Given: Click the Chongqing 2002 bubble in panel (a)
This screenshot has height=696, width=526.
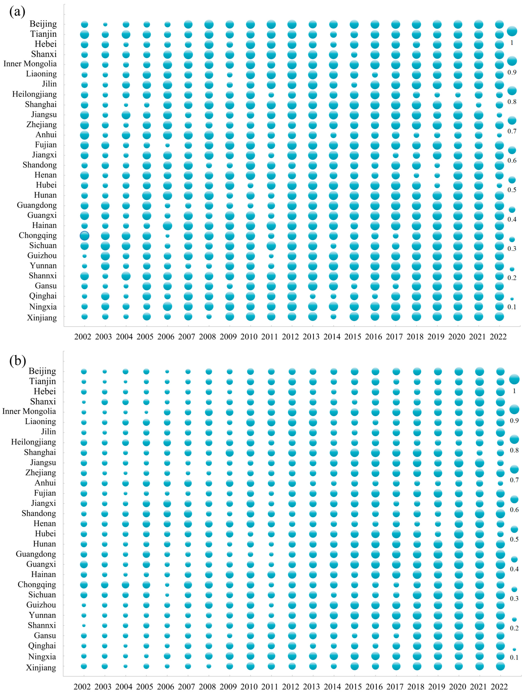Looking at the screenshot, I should [84, 236].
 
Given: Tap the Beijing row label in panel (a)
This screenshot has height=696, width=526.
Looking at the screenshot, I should [43, 24].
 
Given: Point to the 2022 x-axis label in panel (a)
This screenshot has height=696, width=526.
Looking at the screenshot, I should [498, 337].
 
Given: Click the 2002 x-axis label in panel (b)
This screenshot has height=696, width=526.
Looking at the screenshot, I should [83, 687].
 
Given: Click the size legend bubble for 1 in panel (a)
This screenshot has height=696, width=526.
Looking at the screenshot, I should [512, 31].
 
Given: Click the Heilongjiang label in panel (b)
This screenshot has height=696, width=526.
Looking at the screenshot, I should [33, 442].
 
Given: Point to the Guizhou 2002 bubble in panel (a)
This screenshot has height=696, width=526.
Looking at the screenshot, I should [84, 256].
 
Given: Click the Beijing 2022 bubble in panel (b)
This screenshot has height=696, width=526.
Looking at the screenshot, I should [500, 372].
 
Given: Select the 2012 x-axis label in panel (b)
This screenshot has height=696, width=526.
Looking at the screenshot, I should [290, 687].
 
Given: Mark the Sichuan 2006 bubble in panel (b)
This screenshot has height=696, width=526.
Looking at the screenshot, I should [167, 595].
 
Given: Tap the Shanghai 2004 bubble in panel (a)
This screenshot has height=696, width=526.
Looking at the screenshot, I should [126, 105].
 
